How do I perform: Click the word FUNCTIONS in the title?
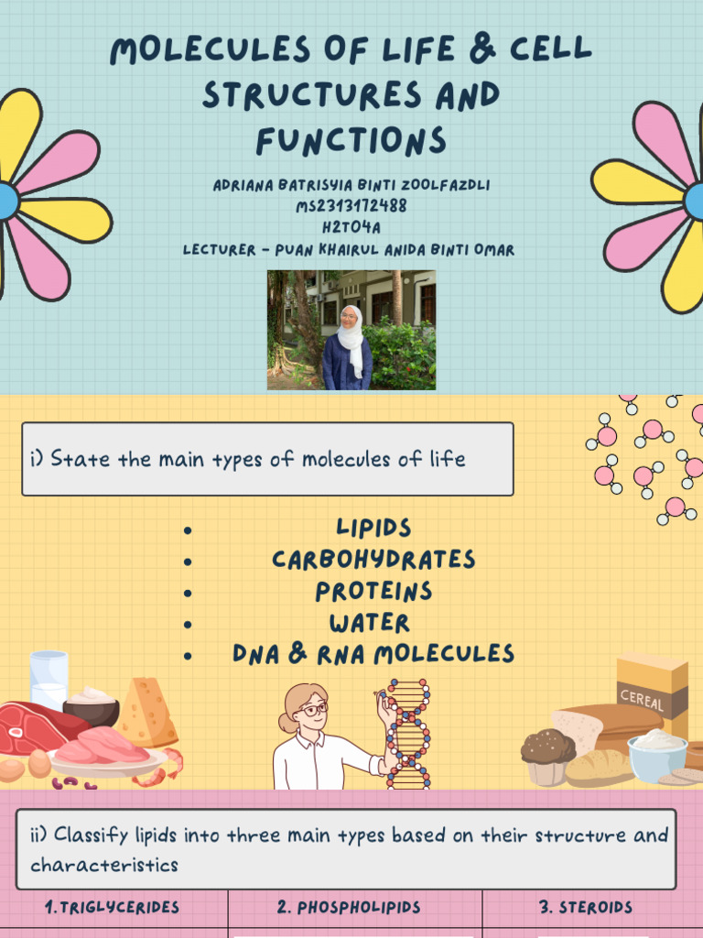(351, 141)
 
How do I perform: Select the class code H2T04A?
(351, 228)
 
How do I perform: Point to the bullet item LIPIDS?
(373, 529)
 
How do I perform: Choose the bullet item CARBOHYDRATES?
(373, 560)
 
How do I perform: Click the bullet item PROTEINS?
(373, 592)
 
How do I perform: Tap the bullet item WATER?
(370, 624)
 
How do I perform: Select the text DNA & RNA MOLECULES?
(373, 654)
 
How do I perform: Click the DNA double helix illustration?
(407, 733)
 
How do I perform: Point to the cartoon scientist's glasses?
(313, 709)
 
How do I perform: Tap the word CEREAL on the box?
(641, 699)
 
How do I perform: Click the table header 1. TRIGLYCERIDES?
(113, 908)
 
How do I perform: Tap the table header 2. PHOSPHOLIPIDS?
(349, 908)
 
